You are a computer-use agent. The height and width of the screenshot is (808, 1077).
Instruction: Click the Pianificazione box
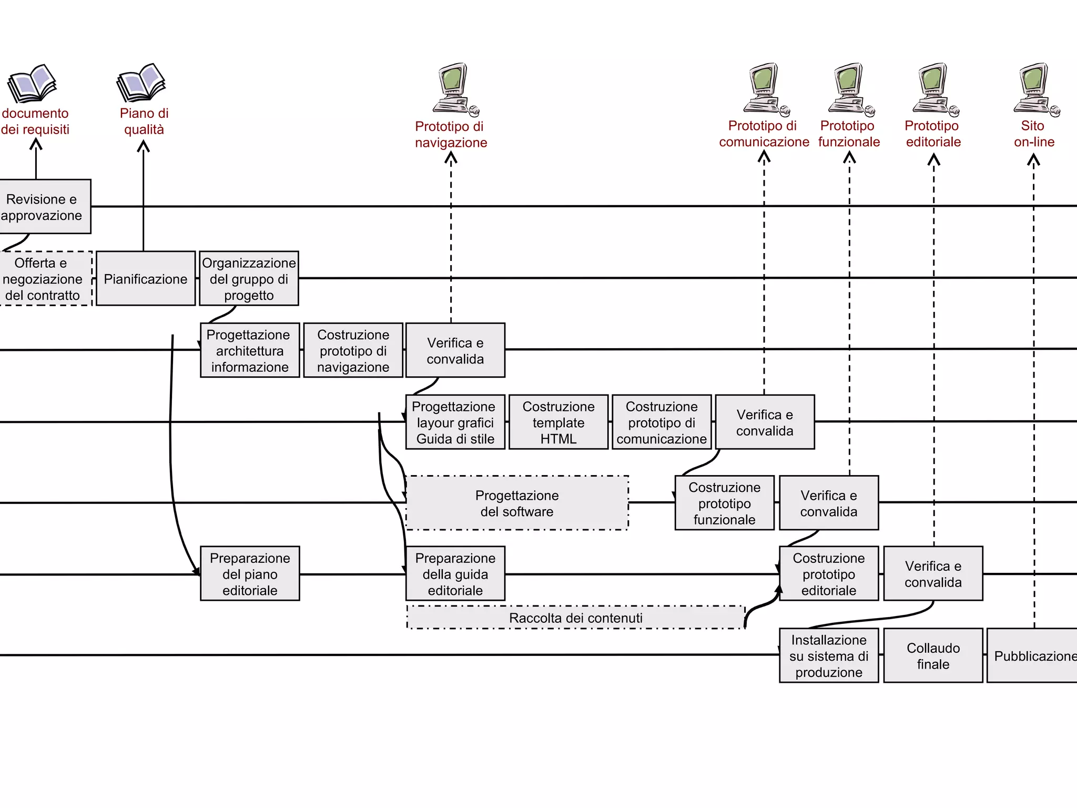click(x=146, y=278)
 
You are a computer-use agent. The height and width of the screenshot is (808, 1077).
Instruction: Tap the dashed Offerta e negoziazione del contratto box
click(x=45, y=278)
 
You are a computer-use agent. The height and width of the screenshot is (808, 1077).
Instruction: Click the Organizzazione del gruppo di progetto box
click(x=249, y=278)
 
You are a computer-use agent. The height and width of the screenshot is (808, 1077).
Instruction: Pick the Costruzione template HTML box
click(x=558, y=422)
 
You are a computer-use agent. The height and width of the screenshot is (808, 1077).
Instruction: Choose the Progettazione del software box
click(x=517, y=503)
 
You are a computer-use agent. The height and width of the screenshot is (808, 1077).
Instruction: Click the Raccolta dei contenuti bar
click(x=576, y=618)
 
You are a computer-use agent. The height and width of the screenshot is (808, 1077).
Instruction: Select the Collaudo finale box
click(x=933, y=655)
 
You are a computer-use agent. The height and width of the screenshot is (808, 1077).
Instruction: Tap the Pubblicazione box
click(x=1032, y=655)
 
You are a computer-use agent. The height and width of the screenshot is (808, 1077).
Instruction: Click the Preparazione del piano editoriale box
click(x=250, y=573)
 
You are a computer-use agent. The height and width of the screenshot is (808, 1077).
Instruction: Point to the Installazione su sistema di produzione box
click(x=829, y=655)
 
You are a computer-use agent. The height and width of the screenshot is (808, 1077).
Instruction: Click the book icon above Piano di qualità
click(x=141, y=83)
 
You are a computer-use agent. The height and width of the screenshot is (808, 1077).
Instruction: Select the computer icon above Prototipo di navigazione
click(x=455, y=88)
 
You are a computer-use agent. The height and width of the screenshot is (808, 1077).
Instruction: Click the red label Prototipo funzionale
click(x=848, y=134)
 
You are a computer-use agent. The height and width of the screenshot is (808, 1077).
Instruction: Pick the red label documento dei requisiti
click(x=35, y=121)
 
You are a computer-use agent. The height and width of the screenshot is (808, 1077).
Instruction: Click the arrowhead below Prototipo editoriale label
click(x=934, y=159)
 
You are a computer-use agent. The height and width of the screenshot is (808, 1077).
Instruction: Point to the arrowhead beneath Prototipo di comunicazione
click(x=764, y=156)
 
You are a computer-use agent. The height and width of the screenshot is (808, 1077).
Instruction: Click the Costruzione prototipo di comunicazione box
click(x=662, y=422)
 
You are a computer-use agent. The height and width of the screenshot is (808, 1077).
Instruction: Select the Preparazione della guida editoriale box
click(x=455, y=573)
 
